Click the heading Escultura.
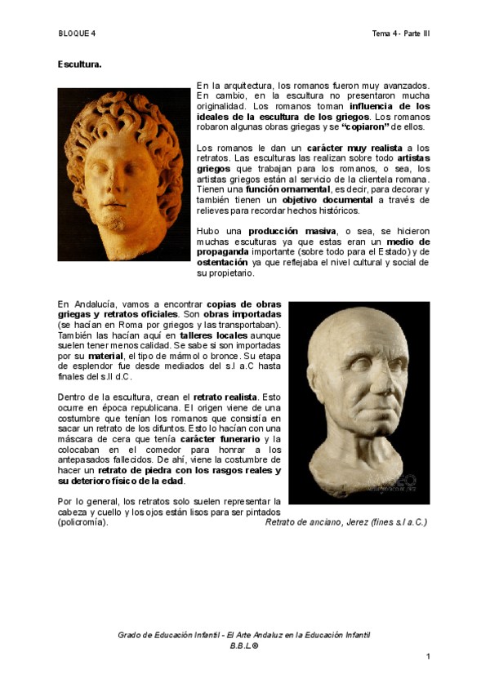(x=79, y=64)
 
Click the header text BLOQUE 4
(x=77, y=33)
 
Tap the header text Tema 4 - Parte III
(x=400, y=33)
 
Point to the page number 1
(x=427, y=657)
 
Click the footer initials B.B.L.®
(x=244, y=645)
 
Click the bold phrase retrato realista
(x=225, y=397)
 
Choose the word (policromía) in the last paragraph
(x=82, y=521)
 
